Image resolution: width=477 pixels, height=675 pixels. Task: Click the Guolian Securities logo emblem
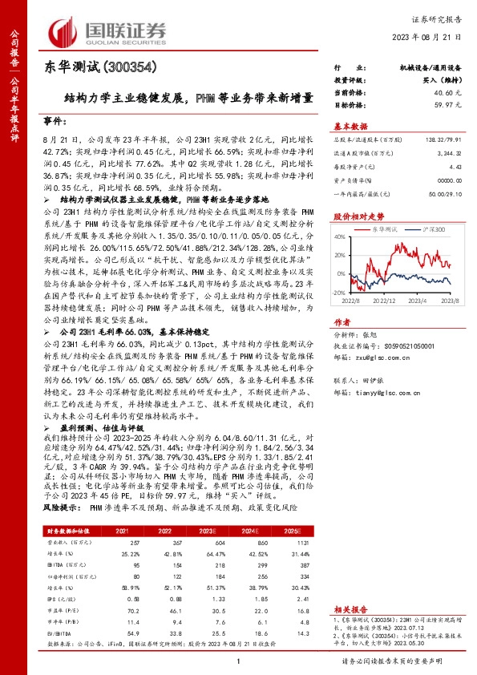(64, 30)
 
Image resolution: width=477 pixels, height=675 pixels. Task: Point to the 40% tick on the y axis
(340, 236)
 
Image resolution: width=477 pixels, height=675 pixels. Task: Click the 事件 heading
(54, 119)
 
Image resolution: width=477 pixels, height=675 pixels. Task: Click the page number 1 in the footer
(239, 661)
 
